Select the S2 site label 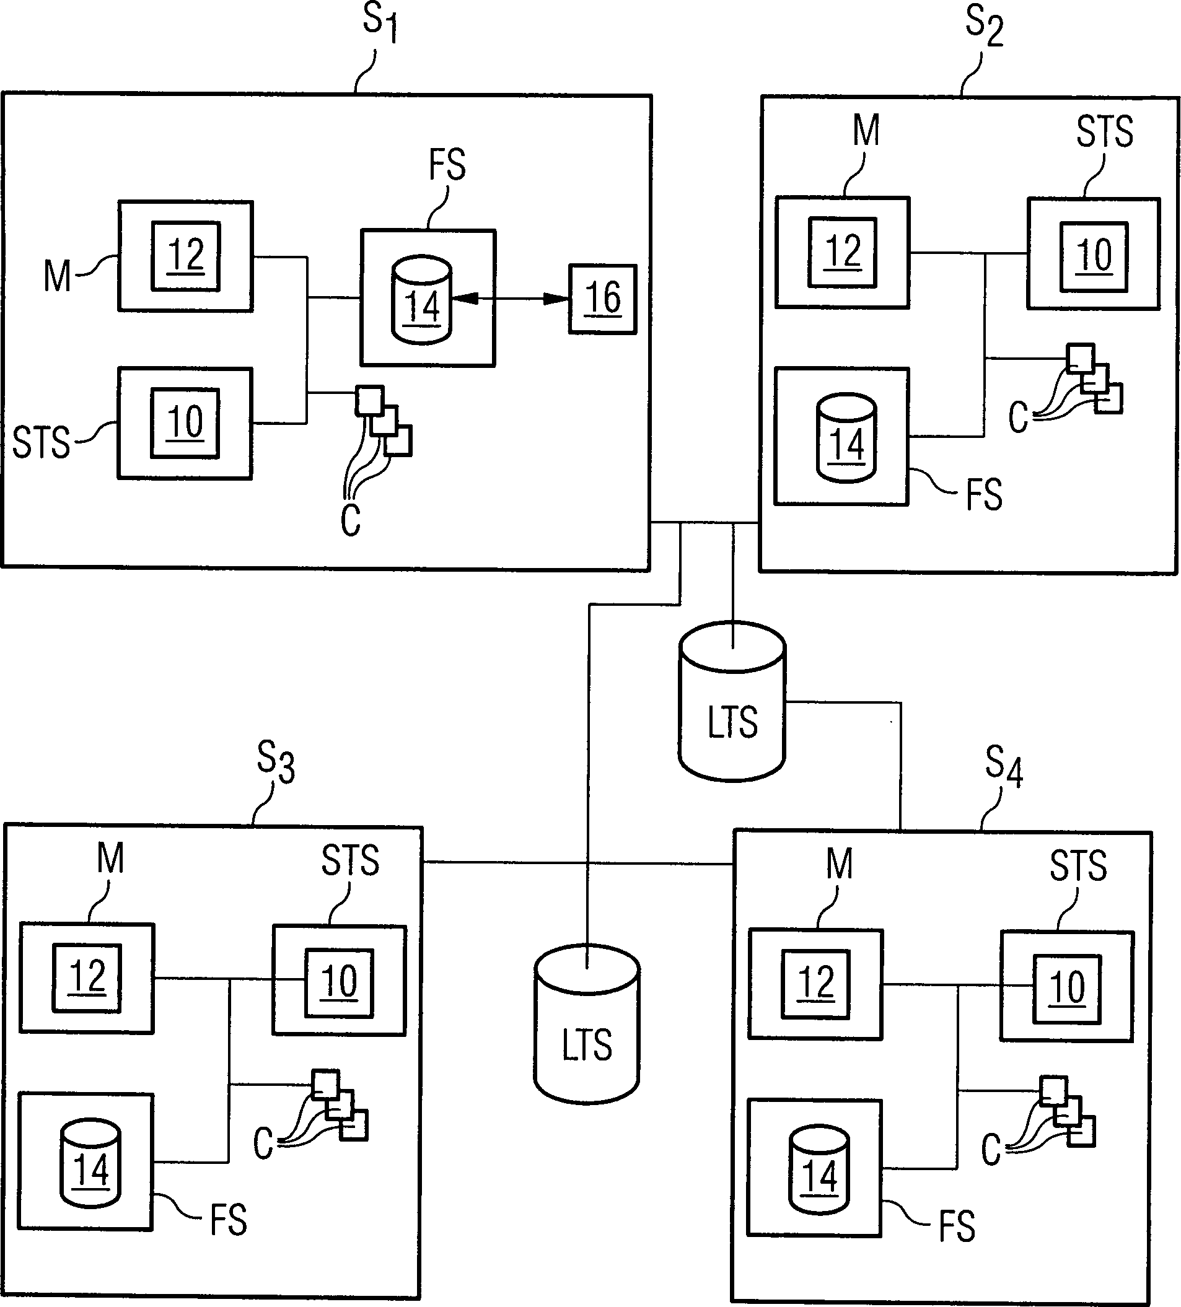click(984, 25)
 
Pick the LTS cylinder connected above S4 click(732, 702)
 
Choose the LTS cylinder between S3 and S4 click(587, 1025)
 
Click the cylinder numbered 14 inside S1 click(422, 300)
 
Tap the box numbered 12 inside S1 click(186, 256)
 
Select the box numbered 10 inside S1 click(185, 423)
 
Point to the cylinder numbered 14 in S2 click(846, 437)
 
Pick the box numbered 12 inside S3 click(87, 977)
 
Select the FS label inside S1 click(447, 165)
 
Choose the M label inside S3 click(110, 859)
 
